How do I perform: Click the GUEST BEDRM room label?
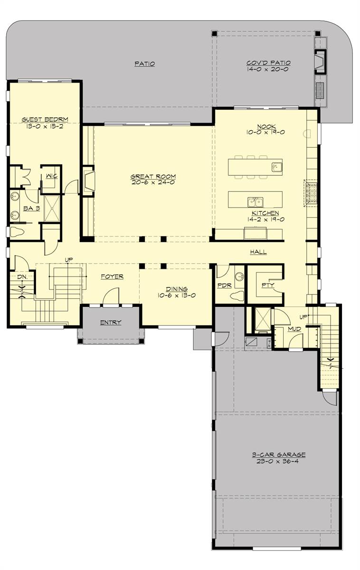(x=45, y=119)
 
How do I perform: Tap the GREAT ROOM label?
(x=153, y=176)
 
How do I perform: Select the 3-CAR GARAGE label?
(x=279, y=455)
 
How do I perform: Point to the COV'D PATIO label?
(x=269, y=63)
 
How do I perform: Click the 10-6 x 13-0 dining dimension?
(x=177, y=295)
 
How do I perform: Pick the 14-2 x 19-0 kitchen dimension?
(x=265, y=219)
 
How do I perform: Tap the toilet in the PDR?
(x=237, y=295)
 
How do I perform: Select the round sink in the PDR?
(x=239, y=276)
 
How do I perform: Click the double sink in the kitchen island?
(x=255, y=202)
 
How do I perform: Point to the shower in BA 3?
(x=52, y=209)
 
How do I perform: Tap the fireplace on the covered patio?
(x=320, y=62)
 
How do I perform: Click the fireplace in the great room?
(x=88, y=181)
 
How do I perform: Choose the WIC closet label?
(x=52, y=176)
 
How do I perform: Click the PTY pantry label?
(x=268, y=285)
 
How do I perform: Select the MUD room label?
(x=294, y=329)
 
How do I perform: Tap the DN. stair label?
(x=22, y=277)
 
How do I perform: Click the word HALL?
(x=258, y=252)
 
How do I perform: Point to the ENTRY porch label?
(x=111, y=323)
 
